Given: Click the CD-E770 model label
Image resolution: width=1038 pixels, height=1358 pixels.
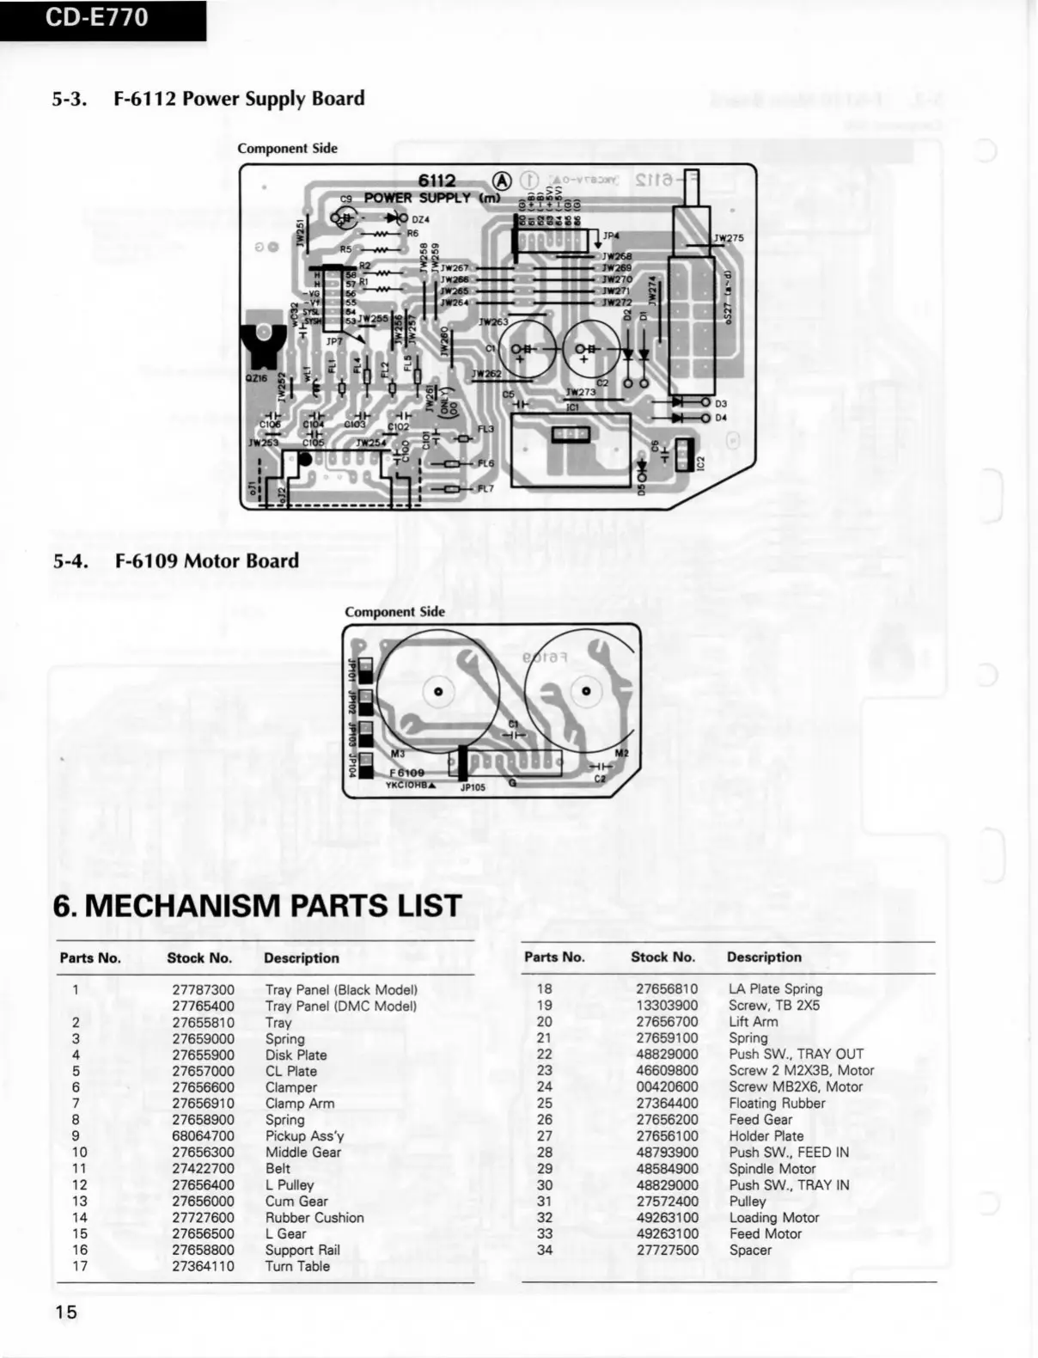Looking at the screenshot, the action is click(96, 17).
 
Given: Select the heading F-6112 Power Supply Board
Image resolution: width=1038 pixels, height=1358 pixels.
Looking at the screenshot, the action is click(238, 99).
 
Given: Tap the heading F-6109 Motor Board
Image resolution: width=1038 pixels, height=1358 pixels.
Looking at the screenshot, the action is click(206, 561).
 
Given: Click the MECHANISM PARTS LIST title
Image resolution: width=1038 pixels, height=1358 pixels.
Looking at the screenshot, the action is click(257, 906).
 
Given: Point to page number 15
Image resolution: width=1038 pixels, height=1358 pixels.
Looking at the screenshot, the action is click(66, 1311).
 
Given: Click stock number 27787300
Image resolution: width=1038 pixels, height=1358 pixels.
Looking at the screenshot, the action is click(203, 990).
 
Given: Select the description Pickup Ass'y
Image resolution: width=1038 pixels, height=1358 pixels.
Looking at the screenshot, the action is click(304, 1136).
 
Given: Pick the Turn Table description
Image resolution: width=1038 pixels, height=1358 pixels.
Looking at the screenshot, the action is click(297, 1266).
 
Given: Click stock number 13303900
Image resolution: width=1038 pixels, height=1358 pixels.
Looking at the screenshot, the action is click(667, 1006).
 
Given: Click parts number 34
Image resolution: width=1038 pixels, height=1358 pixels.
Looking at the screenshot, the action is click(545, 1250).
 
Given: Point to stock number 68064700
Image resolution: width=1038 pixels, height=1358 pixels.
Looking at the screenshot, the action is click(203, 1136).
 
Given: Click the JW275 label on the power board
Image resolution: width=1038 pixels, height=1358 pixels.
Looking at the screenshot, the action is click(729, 238).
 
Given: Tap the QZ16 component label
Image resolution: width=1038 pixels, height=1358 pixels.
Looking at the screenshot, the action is click(256, 377).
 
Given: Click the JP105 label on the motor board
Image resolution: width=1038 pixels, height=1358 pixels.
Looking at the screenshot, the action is click(473, 786).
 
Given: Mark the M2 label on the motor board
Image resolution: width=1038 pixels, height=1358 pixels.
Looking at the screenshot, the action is click(622, 754).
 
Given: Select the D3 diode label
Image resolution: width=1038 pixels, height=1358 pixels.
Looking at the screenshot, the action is click(721, 403).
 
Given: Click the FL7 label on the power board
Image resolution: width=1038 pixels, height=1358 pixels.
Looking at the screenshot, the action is click(485, 489).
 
